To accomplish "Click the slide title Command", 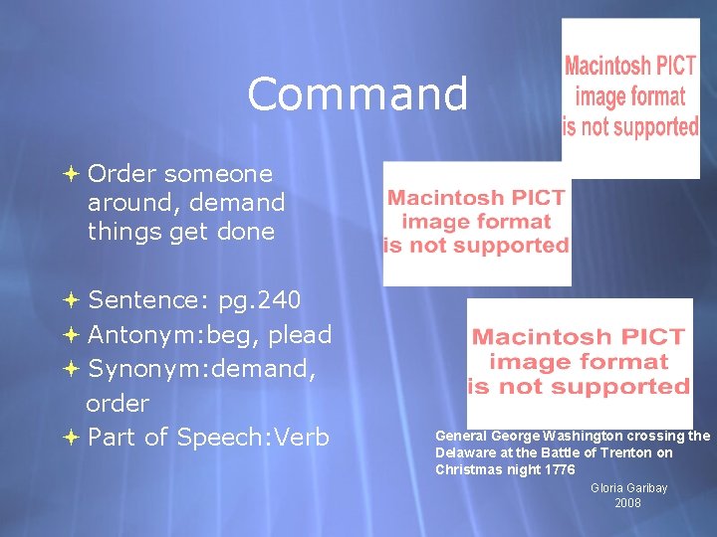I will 358,94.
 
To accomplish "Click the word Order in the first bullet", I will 122,174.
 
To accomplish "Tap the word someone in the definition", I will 218,174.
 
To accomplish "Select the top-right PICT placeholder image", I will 629,97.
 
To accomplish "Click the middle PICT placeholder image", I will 477,223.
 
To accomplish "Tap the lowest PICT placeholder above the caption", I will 579,362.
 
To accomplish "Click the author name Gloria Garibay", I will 628,487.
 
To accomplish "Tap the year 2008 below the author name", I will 628,503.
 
